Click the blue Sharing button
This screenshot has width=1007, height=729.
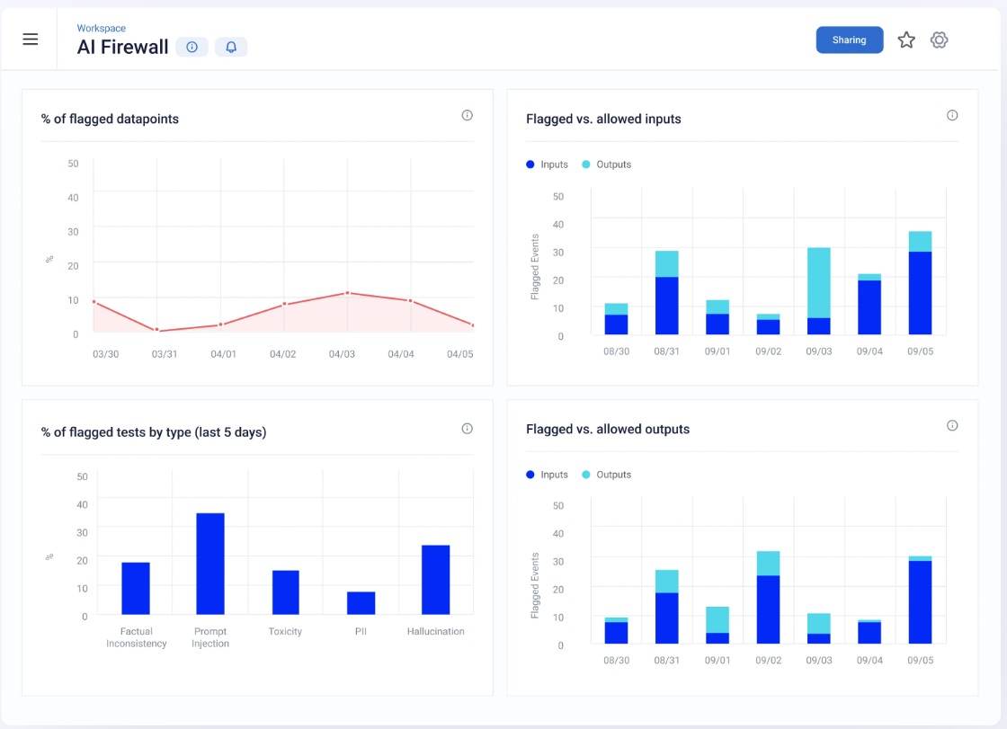point(849,40)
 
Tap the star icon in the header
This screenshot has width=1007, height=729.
point(906,40)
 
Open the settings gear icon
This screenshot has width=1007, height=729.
point(939,40)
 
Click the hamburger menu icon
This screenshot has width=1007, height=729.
point(31,40)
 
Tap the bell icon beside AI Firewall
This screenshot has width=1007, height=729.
point(231,48)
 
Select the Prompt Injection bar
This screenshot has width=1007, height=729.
point(210,564)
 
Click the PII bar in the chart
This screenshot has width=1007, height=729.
point(361,602)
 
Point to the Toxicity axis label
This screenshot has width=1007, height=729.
point(285,632)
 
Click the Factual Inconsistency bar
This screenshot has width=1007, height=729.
point(136,588)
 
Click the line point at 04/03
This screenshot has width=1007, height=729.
point(347,293)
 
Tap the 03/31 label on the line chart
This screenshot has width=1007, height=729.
point(165,354)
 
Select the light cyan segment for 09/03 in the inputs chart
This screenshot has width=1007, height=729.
point(818,282)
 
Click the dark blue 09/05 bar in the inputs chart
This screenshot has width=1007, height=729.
point(920,293)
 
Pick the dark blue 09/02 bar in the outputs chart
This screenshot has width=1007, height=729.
point(768,609)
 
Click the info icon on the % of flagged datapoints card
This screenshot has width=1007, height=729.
point(467,115)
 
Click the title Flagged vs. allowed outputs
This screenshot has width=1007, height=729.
point(608,429)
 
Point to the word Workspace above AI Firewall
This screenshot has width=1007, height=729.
point(101,29)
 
